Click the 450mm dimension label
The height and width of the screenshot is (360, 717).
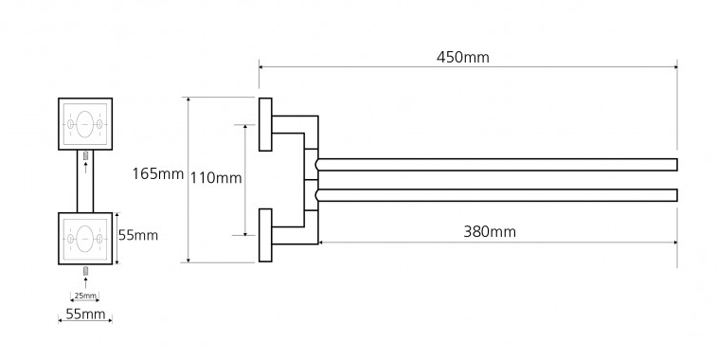(x=463, y=57)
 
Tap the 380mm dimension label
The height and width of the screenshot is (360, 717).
(x=490, y=231)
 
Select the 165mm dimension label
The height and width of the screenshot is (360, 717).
(x=158, y=173)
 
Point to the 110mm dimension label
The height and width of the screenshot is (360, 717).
(x=216, y=177)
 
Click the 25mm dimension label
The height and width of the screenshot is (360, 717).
(x=85, y=296)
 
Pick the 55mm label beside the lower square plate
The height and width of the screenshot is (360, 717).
(x=138, y=235)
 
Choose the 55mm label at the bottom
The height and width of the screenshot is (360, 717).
(x=85, y=314)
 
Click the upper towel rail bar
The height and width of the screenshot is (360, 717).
(x=496, y=165)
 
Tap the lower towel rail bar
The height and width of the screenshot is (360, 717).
(x=496, y=195)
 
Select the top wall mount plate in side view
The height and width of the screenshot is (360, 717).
(x=265, y=124)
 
